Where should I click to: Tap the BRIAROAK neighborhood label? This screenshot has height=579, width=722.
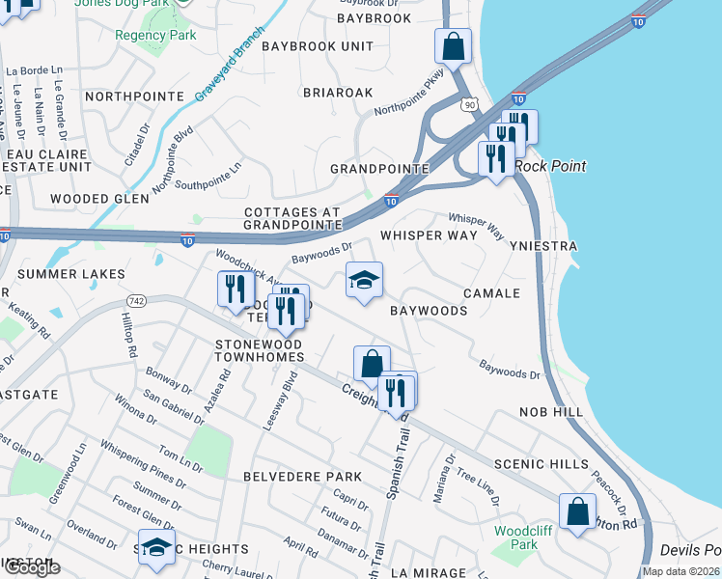click(x=337, y=93)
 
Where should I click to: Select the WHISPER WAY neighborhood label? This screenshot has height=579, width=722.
click(x=428, y=235)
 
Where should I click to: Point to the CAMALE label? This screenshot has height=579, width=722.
click(x=491, y=292)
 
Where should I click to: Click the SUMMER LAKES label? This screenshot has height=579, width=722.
click(x=71, y=274)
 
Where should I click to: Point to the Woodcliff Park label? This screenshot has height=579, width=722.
click(x=515, y=538)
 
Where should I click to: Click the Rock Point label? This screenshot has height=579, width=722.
click(x=549, y=166)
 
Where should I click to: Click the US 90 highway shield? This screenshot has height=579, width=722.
click(x=469, y=103)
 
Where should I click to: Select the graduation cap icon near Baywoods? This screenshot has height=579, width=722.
click(x=364, y=281)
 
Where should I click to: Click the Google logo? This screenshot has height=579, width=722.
click(x=31, y=567)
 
